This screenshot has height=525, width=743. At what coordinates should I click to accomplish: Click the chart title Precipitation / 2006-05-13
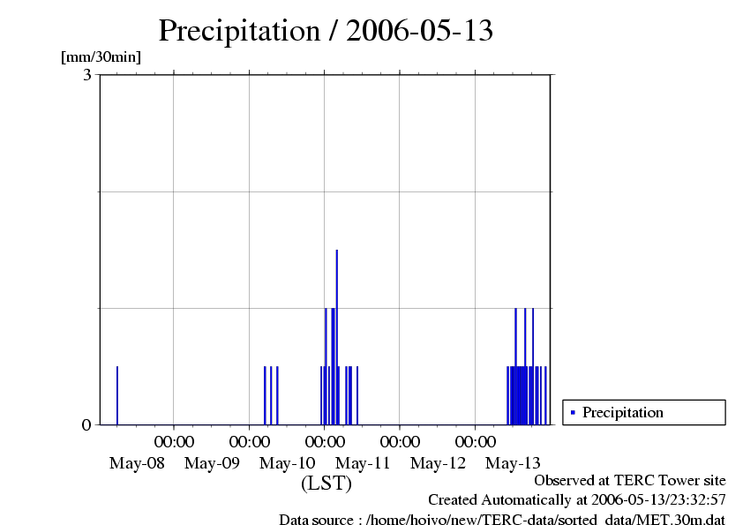(x=326, y=31)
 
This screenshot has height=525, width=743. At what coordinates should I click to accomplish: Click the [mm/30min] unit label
(x=101, y=57)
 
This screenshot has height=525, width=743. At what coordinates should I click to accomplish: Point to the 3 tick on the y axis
(x=87, y=75)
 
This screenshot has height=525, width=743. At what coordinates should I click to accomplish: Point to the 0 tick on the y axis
(x=86, y=425)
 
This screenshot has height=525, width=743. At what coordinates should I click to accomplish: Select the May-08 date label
(x=137, y=463)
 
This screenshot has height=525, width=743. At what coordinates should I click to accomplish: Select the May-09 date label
(x=213, y=463)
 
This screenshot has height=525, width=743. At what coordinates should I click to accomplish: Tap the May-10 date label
(x=288, y=463)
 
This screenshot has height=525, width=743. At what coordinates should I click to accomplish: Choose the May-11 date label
(x=364, y=463)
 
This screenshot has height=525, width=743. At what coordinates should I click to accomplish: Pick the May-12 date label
(x=439, y=463)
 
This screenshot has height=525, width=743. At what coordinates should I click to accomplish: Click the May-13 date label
(x=514, y=463)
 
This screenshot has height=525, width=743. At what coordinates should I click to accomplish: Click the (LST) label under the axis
(x=326, y=484)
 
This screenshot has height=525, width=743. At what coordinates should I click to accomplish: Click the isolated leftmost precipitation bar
(x=117, y=395)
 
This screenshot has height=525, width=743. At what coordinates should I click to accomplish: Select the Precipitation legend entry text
(x=623, y=412)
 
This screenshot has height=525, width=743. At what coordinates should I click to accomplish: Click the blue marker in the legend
(x=573, y=412)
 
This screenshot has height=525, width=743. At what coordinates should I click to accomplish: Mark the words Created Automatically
(x=500, y=500)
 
